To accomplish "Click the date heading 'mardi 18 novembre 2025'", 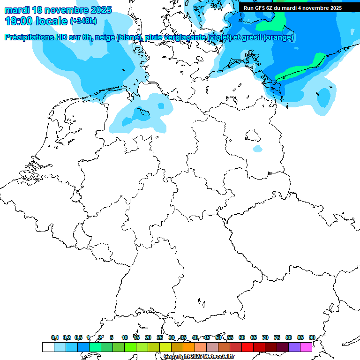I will coord(58,10).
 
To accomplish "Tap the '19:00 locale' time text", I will coord(37,21).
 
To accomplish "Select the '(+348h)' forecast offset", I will coord(83,21).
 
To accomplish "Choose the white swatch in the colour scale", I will coord(48,347).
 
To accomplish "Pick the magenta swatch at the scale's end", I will coord(306,347).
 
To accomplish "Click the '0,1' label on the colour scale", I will coord(55,337).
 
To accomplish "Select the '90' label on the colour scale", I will coord(312,337).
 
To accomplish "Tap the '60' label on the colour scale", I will coord(242,337).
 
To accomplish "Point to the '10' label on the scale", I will coord(125,337).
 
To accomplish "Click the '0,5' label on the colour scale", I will coord(78,337).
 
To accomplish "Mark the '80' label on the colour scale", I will coord(289,337).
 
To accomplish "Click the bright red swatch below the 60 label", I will coord(247,347).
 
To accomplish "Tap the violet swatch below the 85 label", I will coord(294,347).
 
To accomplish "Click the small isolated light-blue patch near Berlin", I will coord(257,149).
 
